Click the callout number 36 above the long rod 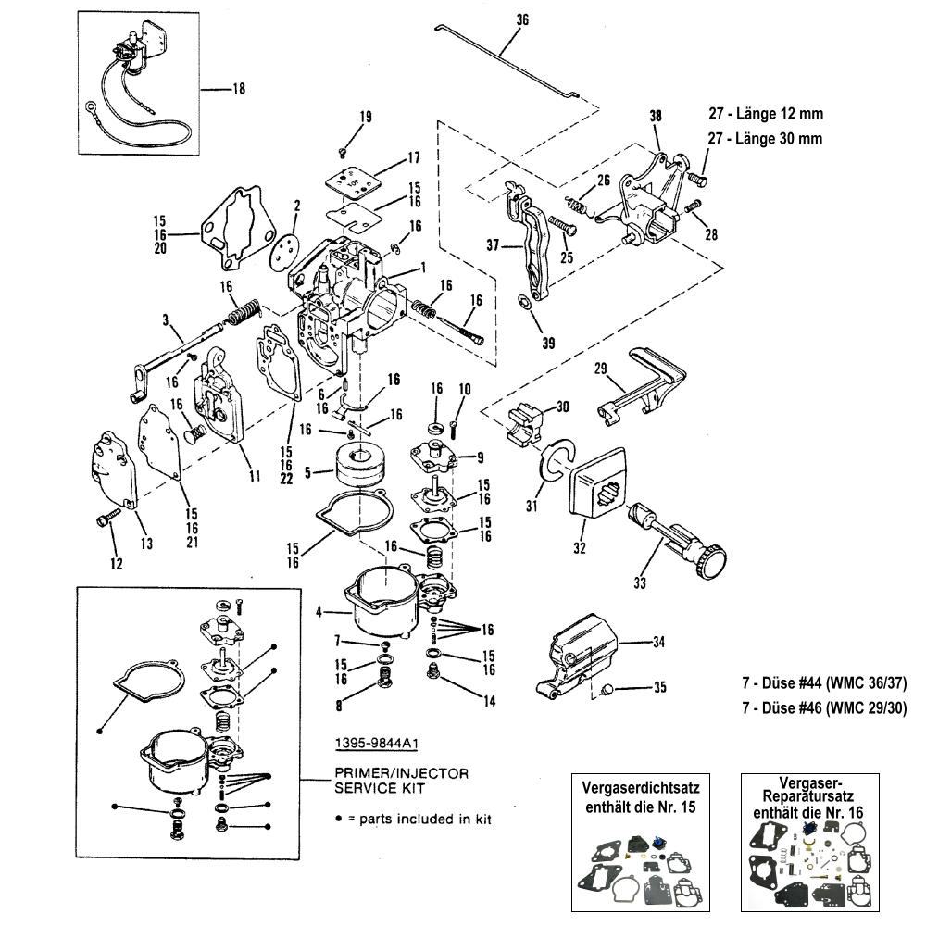522,20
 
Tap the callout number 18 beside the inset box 239,89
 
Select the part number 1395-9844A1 376,743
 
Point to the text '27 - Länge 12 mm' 766,113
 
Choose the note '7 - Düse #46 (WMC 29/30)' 824,707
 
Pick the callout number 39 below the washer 548,344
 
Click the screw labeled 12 106,519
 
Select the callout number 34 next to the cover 658,642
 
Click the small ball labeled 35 607,689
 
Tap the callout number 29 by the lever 600,369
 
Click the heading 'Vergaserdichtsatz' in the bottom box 641,788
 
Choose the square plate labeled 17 351,178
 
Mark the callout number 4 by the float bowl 319,612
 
